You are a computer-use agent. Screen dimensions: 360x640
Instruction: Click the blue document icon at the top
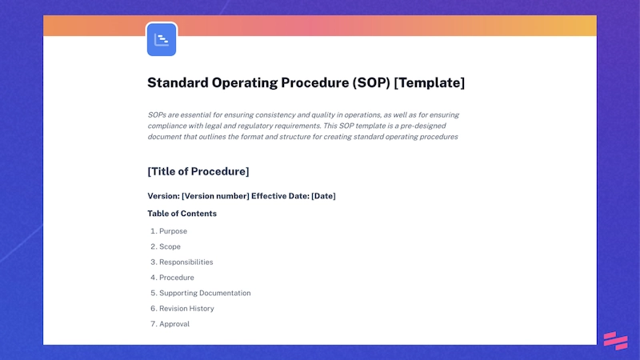(162, 39)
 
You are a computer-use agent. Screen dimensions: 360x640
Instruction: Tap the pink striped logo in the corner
(615, 340)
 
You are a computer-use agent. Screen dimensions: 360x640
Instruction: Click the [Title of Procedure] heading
(198, 171)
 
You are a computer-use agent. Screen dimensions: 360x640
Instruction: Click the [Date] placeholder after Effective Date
(323, 196)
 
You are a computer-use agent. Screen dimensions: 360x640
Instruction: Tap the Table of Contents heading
(182, 214)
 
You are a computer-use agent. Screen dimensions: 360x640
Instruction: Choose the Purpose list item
(173, 231)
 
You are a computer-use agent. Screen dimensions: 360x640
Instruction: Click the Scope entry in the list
(170, 246)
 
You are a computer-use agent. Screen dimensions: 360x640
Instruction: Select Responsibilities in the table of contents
(186, 262)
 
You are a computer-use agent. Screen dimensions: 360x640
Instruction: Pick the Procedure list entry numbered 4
(176, 278)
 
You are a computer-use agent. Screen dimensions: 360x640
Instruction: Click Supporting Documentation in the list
(205, 293)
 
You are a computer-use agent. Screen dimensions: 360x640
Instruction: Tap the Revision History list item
(186, 308)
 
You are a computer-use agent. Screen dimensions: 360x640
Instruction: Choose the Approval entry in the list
(174, 324)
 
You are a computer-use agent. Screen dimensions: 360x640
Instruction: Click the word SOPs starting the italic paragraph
(158, 115)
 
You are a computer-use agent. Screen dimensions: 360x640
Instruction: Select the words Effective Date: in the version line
(279, 196)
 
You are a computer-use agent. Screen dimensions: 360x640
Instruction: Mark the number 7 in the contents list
(152, 324)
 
